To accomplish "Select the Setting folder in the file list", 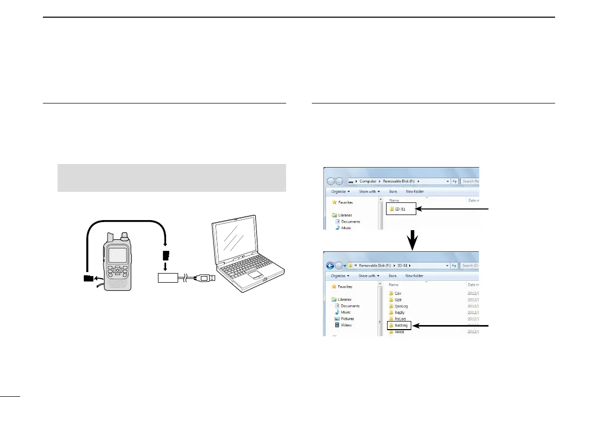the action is tap(401, 326).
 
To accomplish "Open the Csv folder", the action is tap(398, 293).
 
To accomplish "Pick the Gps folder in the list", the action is tap(398, 299).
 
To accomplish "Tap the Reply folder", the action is tap(399, 312).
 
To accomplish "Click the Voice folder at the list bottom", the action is tap(399, 332).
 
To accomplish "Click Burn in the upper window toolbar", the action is tap(393, 192).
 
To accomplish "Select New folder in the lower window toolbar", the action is tap(415, 276).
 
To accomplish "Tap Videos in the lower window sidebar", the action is tap(346, 325).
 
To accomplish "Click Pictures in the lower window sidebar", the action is tap(347, 318).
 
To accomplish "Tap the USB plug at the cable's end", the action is tap(207, 278).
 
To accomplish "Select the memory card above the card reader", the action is tap(165, 255).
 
